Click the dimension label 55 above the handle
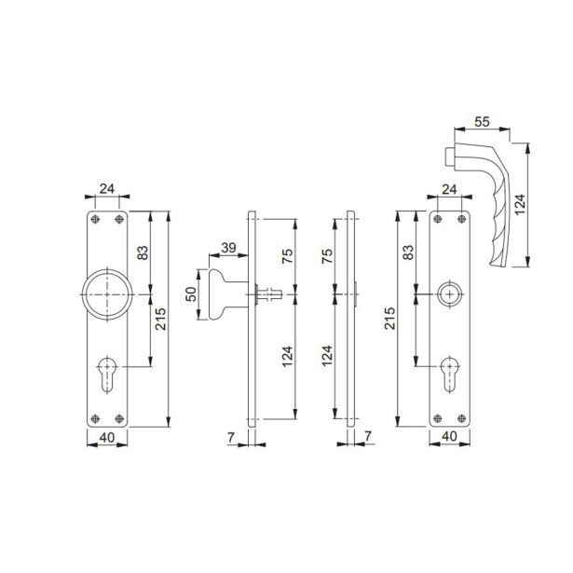(482, 122)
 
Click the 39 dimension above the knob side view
(229, 248)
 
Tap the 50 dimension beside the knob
(191, 294)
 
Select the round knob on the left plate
(107, 294)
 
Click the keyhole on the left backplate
(107, 374)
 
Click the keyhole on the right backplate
(449, 374)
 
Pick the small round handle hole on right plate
(449, 294)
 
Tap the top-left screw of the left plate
(95, 219)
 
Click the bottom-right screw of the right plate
(461, 418)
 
